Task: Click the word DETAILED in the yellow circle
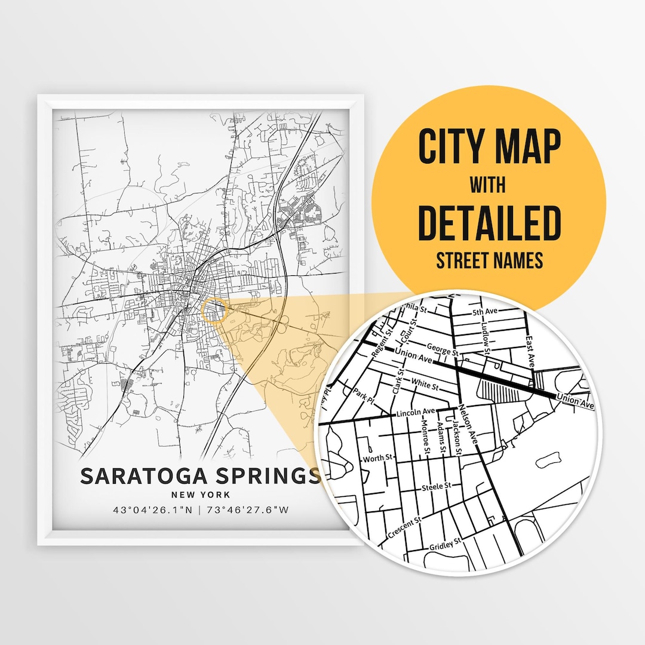pyautogui.click(x=489, y=222)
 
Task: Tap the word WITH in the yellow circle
pyautogui.click(x=488, y=185)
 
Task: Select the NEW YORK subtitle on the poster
pyautogui.click(x=200, y=494)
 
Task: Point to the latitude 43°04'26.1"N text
pyautogui.click(x=153, y=510)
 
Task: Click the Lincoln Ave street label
pyautogui.click(x=416, y=412)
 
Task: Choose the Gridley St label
pyautogui.click(x=446, y=543)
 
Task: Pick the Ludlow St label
pyautogui.click(x=485, y=332)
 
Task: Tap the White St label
pyautogui.click(x=425, y=385)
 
